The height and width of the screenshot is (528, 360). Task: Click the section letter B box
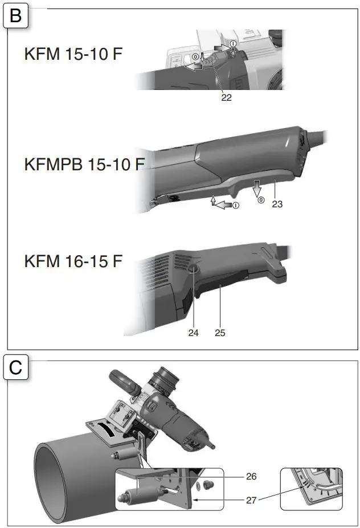[x=15, y=15]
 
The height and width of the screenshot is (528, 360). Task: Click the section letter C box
[x=15, y=367]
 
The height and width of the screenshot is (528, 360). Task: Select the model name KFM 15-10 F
[x=73, y=56]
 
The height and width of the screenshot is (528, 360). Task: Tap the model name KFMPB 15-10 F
[x=84, y=165]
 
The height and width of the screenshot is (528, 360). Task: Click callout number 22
[x=226, y=97]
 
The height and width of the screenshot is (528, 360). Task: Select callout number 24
[x=193, y=333]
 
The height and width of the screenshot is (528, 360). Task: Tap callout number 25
[x=220, y=333]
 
